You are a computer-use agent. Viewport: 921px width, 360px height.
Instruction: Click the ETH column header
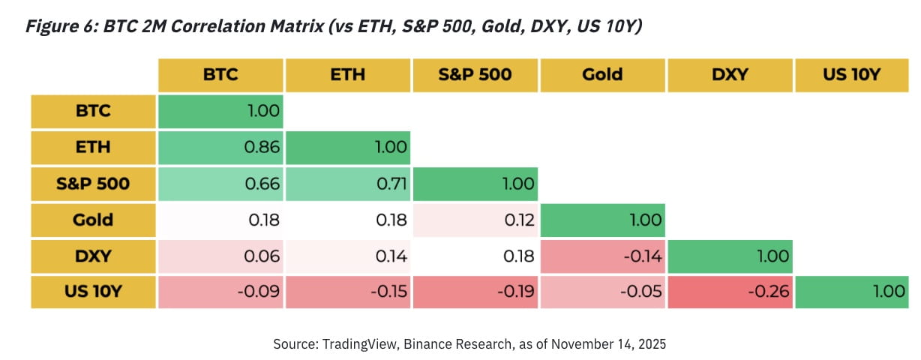tap(348, 74)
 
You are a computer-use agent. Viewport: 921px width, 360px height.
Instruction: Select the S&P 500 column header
tap(475, 74)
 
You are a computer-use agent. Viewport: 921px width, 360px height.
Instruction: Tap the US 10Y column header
tap(850, 74)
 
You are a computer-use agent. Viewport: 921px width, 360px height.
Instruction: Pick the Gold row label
tap(93, 220)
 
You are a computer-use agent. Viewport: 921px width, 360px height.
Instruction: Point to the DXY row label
tap(93, 256)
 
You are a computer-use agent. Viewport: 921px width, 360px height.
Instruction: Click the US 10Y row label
tap(93, 292)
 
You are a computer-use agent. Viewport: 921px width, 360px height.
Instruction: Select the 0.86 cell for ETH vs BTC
tap(220, 148)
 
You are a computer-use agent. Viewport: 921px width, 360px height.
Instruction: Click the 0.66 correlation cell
tap(220, 184)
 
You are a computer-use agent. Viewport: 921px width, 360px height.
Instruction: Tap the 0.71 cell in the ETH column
tap(348, 184)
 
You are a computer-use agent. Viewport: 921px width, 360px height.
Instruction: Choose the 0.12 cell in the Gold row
tap(475, 220)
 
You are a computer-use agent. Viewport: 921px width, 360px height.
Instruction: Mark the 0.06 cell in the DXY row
tap(220, 256)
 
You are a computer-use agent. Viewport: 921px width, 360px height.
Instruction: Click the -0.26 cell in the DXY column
tap(730, 292)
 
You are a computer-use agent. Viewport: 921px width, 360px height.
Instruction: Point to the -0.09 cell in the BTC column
tap(220, 292)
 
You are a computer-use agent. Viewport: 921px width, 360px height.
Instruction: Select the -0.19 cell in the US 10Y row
tap(475, 292)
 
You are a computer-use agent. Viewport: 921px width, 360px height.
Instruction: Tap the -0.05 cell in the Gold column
tap(603, 292)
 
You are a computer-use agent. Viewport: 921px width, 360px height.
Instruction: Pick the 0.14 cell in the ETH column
tap(348, 256)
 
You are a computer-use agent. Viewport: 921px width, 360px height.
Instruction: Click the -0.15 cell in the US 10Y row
tap(348, 292)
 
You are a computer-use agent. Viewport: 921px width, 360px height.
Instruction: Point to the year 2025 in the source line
tap(651, 344)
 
